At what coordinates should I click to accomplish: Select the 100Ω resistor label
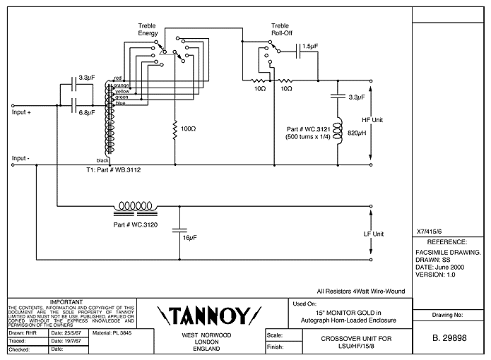point(188,131)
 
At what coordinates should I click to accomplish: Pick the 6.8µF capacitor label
point(88,112)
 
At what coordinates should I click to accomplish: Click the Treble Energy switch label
point(147,28)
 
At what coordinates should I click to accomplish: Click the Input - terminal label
point(20,158)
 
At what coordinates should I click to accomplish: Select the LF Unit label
point(372,234)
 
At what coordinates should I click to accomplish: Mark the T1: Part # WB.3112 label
point(112,170)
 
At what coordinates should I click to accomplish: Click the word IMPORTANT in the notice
point(71,301)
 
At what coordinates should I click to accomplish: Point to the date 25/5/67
point(65,332)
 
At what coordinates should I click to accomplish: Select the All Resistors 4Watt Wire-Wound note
point(360,290)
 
